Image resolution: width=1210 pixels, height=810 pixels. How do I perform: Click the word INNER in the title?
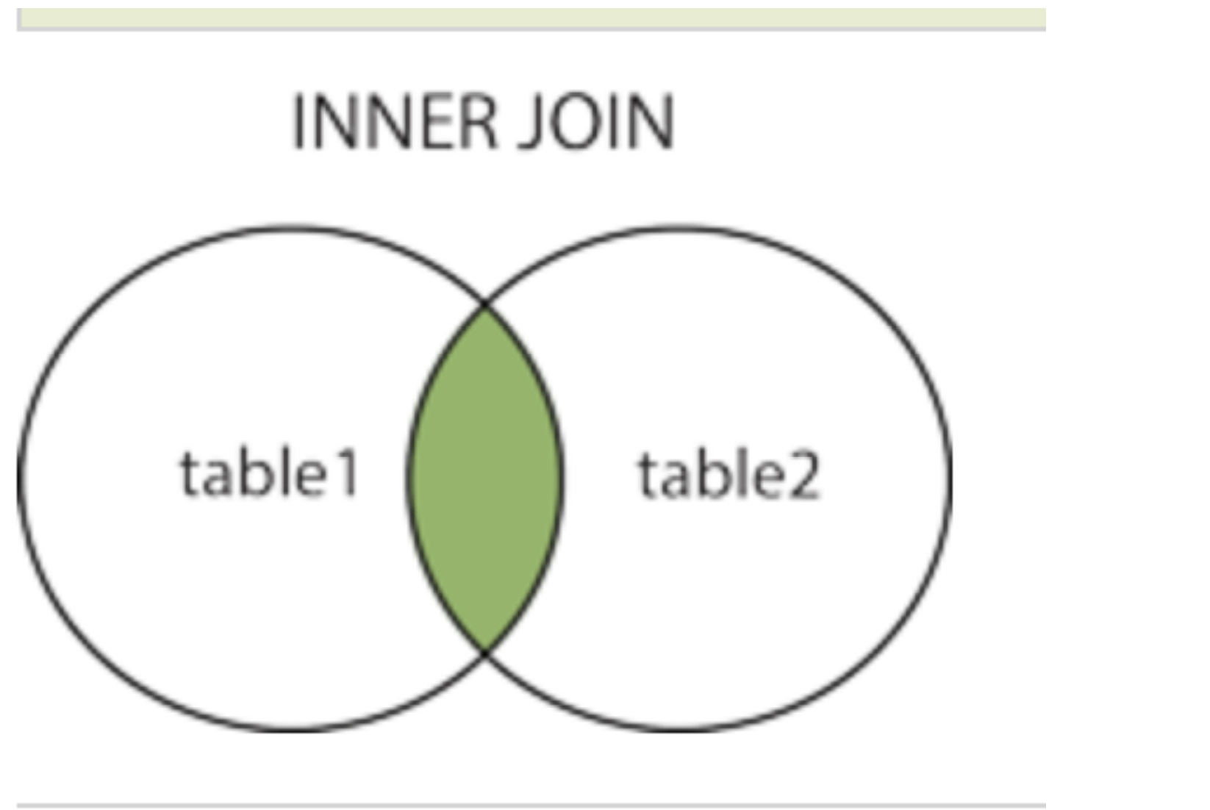(x=395, y=122)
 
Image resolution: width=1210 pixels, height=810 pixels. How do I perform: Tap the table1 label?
(x=270, y=473)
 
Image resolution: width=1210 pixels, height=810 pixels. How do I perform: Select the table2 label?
(x=728, y=475)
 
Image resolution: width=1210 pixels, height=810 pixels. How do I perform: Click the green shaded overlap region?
(x=485, y=478)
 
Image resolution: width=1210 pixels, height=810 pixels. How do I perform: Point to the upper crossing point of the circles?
(x=485, y=304)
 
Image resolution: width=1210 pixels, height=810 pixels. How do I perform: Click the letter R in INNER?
(x=480, y=122)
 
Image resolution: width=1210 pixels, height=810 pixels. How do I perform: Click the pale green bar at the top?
(x=531, y=18)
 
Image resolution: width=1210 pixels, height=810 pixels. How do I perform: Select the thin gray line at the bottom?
(x=531, y=806)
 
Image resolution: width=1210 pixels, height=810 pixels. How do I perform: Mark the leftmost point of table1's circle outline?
(x=19, y=478)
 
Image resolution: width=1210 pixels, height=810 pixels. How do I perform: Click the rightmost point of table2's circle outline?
(x=950, y=478)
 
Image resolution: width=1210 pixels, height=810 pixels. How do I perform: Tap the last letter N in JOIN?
(x=651, y=122)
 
